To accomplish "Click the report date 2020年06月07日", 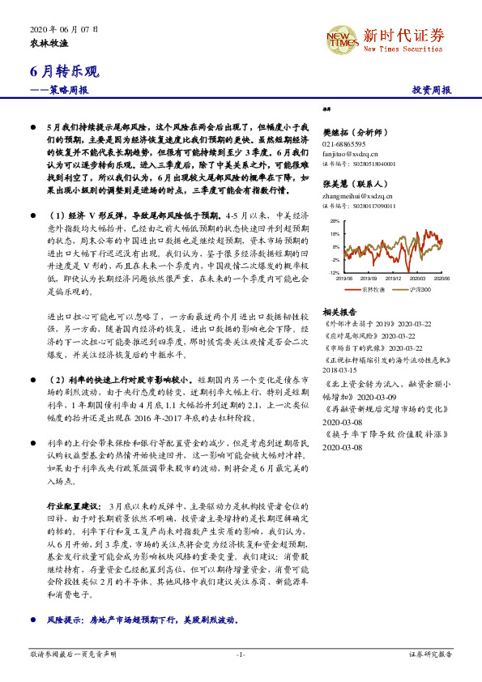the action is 57,28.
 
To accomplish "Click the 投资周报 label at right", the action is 430,90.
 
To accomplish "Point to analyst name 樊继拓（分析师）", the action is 357,130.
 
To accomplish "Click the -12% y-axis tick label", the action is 334,273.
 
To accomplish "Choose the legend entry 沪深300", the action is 419,288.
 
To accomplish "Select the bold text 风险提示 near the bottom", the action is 66,620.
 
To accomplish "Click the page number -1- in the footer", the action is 241,653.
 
